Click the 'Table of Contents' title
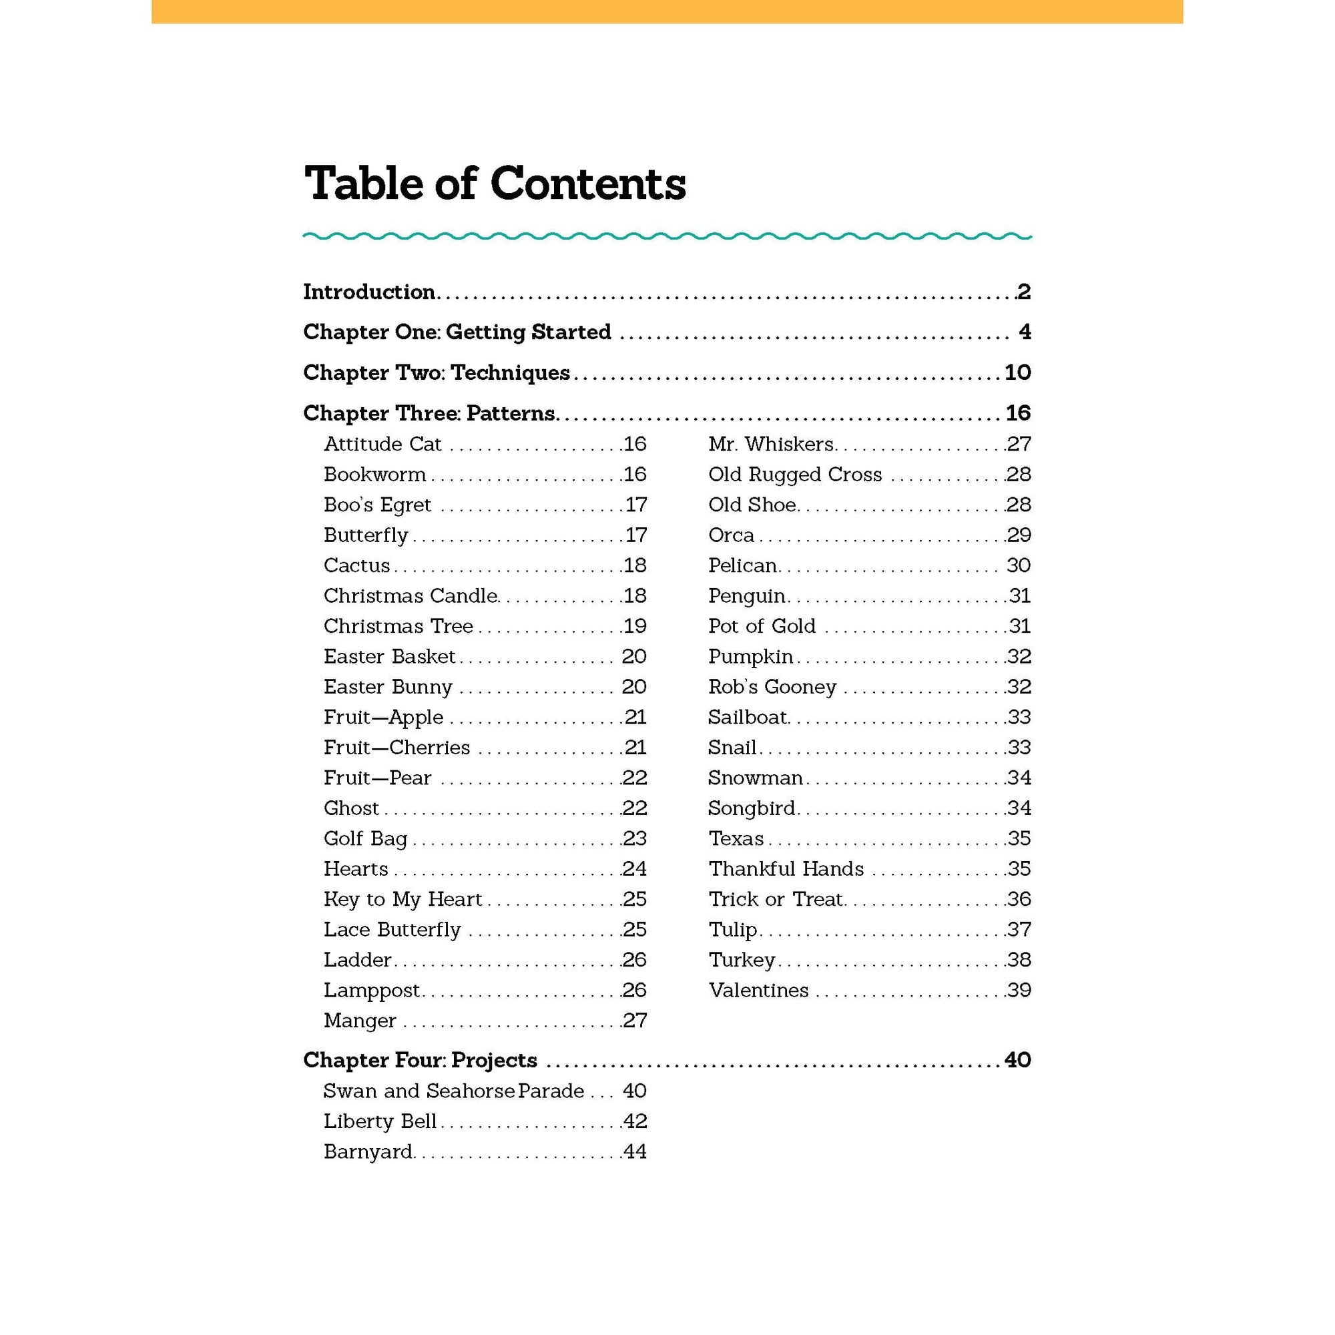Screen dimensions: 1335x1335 [x=495, y=184]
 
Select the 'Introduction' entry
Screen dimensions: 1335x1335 [x=369, y=292]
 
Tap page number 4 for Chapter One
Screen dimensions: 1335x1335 [x=1025, y=332]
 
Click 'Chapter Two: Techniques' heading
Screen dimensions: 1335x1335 [x=436, y=373]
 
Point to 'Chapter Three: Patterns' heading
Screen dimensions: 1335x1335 [x=429, y=413]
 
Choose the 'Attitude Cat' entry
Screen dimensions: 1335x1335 [x=382, y=445]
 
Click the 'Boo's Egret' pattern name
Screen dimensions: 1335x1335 [x=377, y=505]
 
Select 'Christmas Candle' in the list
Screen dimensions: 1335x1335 [x=411, y=595]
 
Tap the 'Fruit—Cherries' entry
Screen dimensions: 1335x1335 [x=396, y=748]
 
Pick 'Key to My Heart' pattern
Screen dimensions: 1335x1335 [x=403, y=899]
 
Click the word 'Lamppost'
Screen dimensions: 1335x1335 [x=372, y=990]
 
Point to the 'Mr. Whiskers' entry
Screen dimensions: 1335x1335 [x=771, y=445]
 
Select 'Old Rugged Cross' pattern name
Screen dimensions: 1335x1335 [x=794, y=475]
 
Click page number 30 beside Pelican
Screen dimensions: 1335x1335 [x=1019, y=566]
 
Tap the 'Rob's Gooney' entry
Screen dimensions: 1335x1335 [x=772, y=687]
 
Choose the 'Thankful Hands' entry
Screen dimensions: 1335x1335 [x=786, y=868]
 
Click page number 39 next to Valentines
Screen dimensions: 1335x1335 [x=1019, y=990]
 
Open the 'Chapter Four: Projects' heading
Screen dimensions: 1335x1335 [x=420, y=1060]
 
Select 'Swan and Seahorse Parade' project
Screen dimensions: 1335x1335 [x=453, y=1091]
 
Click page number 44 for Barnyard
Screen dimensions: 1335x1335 [x=634, y=1152]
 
